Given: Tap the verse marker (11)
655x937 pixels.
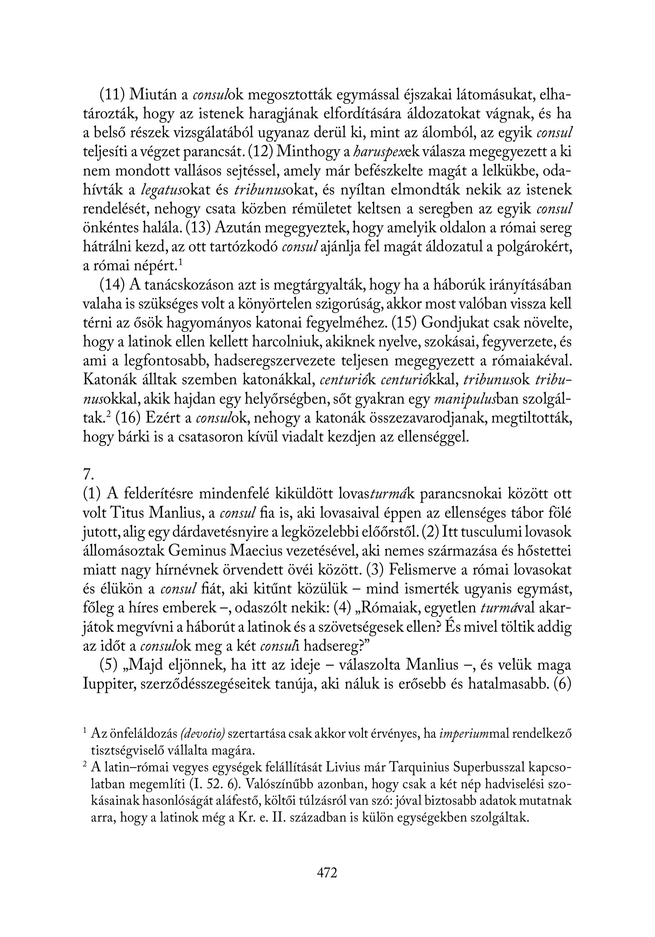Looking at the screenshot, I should tap(112, 95).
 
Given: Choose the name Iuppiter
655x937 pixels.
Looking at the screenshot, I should tap(108, 684).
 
